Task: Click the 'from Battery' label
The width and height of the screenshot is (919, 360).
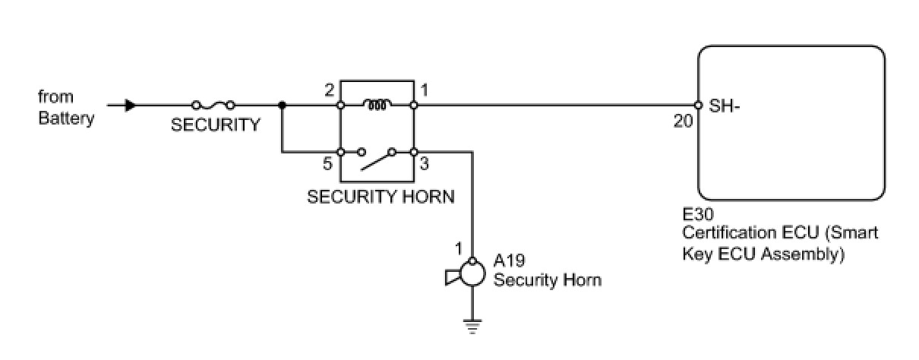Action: point(66,108)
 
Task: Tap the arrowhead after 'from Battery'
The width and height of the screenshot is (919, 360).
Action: point(130,106)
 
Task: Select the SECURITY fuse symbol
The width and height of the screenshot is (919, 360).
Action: point(213,106)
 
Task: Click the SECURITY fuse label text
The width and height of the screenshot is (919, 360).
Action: point(215,125)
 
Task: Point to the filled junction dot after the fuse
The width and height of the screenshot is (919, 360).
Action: point(282,106)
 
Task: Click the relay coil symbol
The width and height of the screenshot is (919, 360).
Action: point(377,105)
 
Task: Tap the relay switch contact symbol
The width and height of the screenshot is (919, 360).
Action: point(377,156)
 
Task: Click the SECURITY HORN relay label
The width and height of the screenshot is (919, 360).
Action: point(381,197)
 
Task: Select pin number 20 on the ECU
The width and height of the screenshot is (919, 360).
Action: point(683,121)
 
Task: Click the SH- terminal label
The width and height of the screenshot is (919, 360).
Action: point(725,106)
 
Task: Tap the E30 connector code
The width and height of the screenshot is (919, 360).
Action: point(695,216)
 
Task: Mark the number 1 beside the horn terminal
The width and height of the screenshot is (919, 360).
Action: point(458,248)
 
